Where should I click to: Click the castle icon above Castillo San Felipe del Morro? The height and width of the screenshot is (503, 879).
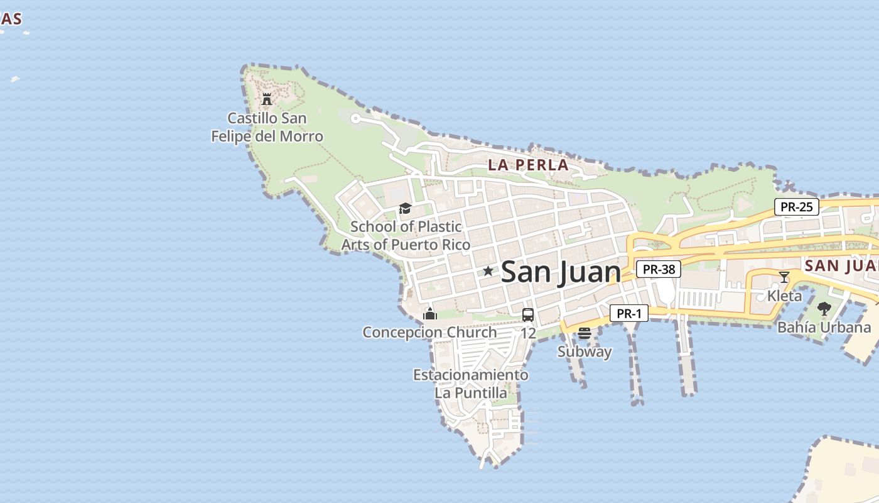click(x=267, y=99)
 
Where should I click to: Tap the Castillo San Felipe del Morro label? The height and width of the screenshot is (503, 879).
click(x=267, y=127)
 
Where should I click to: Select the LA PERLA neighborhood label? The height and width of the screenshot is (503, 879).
click(x=528, y=165)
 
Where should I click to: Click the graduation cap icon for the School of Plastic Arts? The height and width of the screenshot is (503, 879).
click(x=405, y=208)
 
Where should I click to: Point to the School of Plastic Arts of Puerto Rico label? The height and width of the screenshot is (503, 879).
click(x=406, y=235)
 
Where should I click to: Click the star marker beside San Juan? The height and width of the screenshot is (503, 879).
click(x=488, y=271)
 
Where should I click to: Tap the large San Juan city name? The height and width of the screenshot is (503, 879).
click(x=561, y=272)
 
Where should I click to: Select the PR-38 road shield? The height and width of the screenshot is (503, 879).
click(x=659, y=269)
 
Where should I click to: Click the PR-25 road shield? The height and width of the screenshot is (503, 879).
click(x=796, y=207)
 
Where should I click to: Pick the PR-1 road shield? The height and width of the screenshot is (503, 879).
click(x=628, y=313)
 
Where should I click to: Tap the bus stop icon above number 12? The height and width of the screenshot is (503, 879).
click(x=528, y=315)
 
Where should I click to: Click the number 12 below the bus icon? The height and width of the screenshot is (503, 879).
click(x=528, y=333)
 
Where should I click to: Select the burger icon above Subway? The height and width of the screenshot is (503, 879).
click(x=585, y=333)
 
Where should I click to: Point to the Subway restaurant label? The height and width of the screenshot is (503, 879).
click(x=585, y=351)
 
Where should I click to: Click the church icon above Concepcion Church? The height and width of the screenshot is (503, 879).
click(x=430, y=314)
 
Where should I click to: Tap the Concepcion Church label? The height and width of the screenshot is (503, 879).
click(x=429, y=332)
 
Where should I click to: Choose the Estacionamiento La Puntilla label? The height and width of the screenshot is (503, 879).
click(x=470, y=384)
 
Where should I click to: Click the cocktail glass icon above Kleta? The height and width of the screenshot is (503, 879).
click(x=784, y=277)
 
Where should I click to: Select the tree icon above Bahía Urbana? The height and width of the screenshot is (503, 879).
click(x=824, y=309)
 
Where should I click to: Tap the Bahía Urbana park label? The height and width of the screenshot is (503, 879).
click(x=824, y=327)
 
